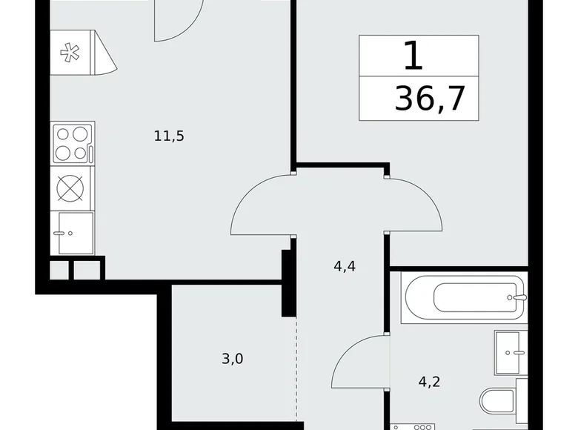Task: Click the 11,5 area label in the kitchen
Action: tap(169, 136)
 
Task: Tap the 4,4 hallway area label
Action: tap(345, 266)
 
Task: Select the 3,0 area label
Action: tap(233, 358)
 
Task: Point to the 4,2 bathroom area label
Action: tap(430, 382)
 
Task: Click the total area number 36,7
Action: tap(430, 98)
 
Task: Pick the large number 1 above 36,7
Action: tap(413, 56)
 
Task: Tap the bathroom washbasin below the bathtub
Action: tap(511, 353)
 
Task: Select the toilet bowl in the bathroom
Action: tap(504, 400)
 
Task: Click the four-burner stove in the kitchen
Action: tap(73, 143)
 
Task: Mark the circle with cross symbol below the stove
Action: tap(70, 188)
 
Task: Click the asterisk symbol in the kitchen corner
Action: tap(70, 53)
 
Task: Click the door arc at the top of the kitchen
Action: tap(193, 27)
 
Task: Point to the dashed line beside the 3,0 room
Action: tap(296, 368)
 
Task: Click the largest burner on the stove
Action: tap(79, 134)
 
